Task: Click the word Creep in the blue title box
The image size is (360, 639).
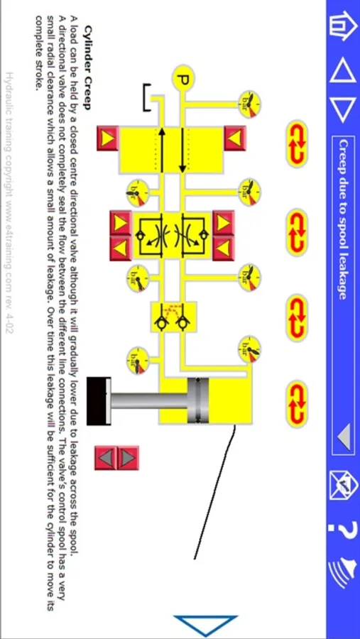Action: point(343,157)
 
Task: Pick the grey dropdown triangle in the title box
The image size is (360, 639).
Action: point(344,437)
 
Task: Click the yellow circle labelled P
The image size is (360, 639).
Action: point(182,78)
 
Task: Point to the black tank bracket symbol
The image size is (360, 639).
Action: point(147,98)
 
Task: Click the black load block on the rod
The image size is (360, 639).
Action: point(99,401)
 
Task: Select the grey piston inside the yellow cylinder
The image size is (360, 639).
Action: point(197,401)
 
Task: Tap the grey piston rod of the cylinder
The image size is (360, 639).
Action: point(149,401)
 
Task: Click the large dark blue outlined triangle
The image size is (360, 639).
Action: point(205,625)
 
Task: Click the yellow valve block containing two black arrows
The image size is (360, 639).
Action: point(171,150)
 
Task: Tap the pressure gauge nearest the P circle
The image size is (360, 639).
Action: point(249,104)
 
